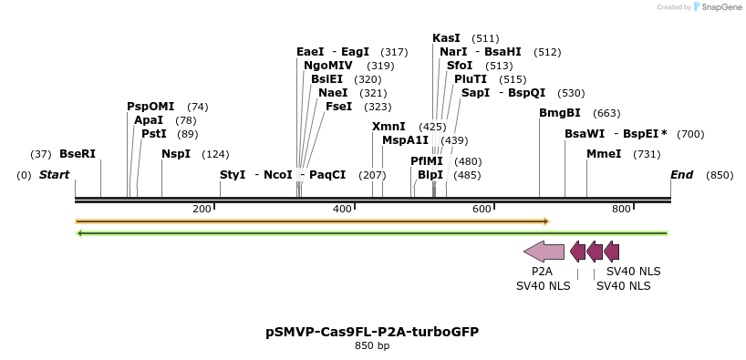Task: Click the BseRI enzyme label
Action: pos(78,154)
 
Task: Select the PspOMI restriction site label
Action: pos(150,107)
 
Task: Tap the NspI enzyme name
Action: pos(176,154)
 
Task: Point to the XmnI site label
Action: pos(389,127)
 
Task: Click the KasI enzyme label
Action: pos(447,38)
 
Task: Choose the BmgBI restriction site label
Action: pos(560,113)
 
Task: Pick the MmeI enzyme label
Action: pos(604,154)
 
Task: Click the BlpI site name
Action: pos(430,175)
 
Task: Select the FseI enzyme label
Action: pos(340,107)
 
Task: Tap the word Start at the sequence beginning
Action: pos(54,175)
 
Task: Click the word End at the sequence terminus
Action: pos(682,175)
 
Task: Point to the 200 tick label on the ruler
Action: pos(202,210)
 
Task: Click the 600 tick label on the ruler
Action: pos(482,210)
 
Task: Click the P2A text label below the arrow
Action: pos(542,272)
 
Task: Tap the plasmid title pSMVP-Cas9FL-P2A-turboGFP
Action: pos(372,332)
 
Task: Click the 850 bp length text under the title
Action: pos(372,346)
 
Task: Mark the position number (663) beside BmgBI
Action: pos(606,113)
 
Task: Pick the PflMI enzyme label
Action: pos(427,161)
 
